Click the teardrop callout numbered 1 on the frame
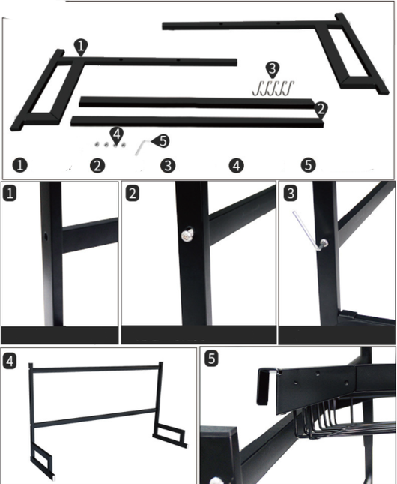click(x=81, y=47)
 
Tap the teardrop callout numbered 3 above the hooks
click(x=272, y=70)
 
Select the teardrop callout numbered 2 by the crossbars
click(x=321, y=110)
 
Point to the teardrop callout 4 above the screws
click(x=117, y=135)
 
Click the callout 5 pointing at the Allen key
click(x=161, y=141)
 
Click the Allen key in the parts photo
click(x=142, y=148)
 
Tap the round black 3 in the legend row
click(x=168, y=165)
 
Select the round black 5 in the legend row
click(x=308, y=165)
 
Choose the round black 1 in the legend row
click(x=20, y=165)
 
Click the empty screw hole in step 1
click(x=46, y=237)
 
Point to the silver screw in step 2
click(x=187, y=235)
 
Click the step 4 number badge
click(x=10, y=361)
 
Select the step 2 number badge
click(x=133, y=194)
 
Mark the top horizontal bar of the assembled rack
click(x=96, y=368)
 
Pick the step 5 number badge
click(x=211, y=359)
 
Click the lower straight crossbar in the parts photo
click(x=197, y=122)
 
